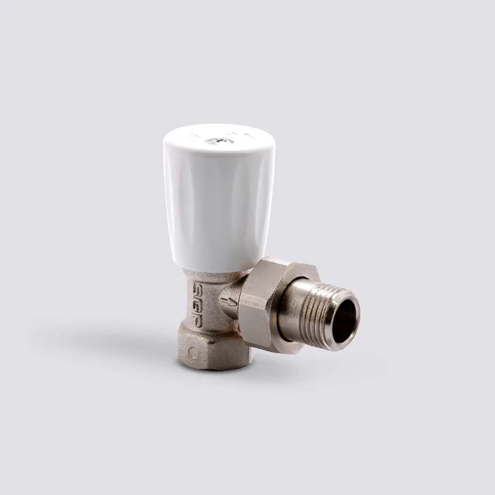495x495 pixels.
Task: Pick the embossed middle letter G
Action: pyautogui.click(x=198, y=304)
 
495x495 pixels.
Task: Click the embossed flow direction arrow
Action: pyautogui.click(x=228, y=301)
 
